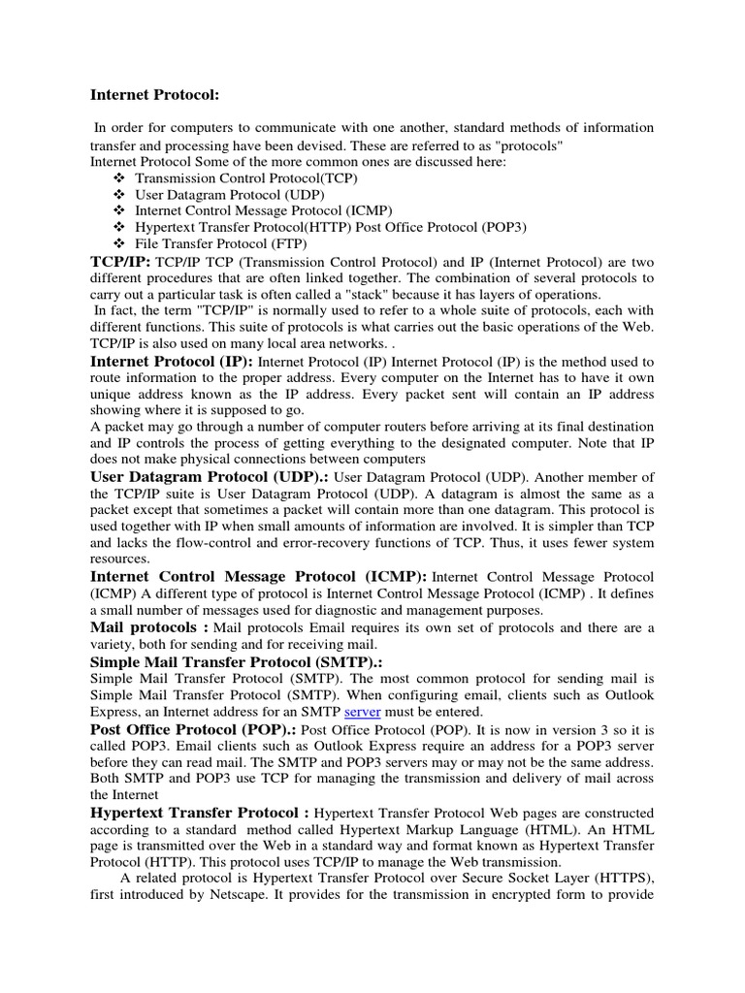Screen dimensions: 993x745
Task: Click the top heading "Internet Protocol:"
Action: tap(155, 95)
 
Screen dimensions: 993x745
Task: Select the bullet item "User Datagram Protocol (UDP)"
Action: tap(216, 195)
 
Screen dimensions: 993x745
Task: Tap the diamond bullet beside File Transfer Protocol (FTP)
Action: tap(119, 242)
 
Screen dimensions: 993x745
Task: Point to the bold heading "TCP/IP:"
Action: tap(120, 261)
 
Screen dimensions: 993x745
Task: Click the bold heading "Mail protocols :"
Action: tap(149, 627)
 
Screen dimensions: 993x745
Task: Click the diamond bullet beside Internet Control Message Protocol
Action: tap(119, 210)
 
